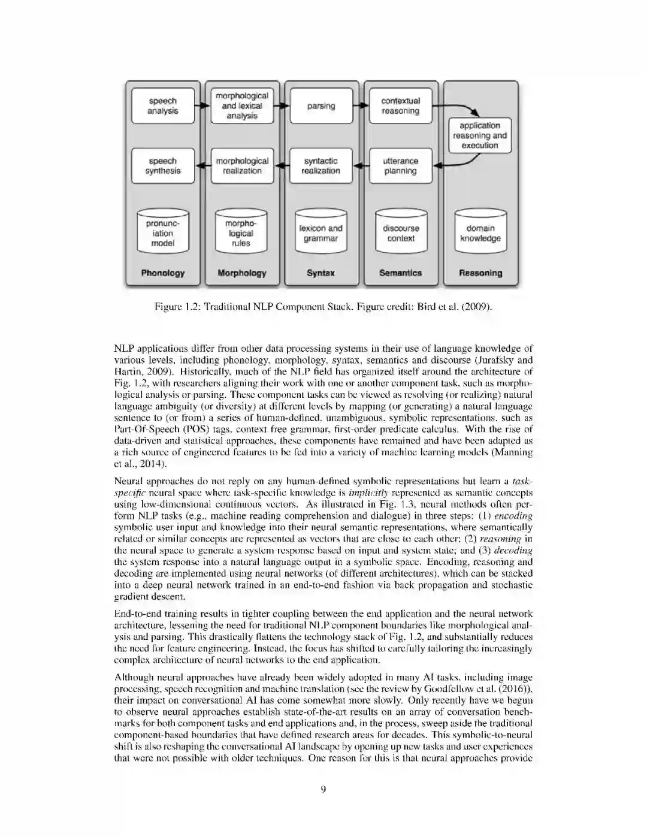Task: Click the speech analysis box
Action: (x=163, y=106)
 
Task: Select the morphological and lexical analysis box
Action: (x=242, y=106)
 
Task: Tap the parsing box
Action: (x=321, y=106)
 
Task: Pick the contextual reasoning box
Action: (x=400, y=106)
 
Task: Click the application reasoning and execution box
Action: (x=480, y=135)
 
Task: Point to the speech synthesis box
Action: (x=163, y=166)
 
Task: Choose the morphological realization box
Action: (x=242, y=166)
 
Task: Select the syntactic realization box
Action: (x=321, y=166)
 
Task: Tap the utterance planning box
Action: (x=400, y=166)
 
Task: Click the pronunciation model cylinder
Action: (x=163, y=232)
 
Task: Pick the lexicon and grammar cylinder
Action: (x=321, y=232)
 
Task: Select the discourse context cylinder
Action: (x=401, y=232)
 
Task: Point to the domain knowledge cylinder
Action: (x=480, y=232)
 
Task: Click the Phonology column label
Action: (x=163, y=273)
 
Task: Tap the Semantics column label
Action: (x=400, y=273)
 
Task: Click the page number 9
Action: (x=323, y=790)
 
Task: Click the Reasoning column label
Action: (x=480, y=273)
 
